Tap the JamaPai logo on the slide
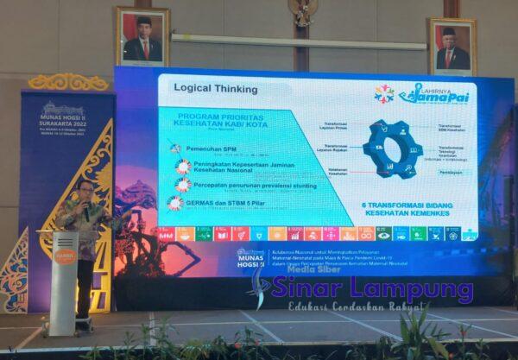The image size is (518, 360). click(434, 94)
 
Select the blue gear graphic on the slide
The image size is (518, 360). click(392, 148)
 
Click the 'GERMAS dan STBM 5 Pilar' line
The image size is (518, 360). click(227, 202)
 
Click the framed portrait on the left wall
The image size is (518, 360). click(142, 36)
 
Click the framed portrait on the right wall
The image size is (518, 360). click(452, 47)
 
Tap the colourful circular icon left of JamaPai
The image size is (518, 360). click(384, 94)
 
